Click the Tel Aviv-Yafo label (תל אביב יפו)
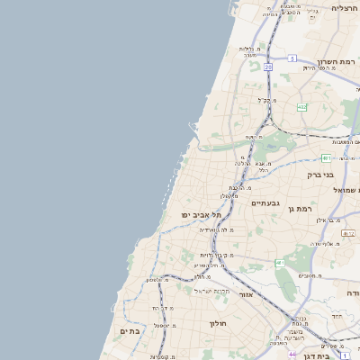tap(200, 215)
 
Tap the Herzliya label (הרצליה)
tap(344, 8)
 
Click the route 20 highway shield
tap(268, 67)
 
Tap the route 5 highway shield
tap(292, 58)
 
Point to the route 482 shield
tap(301, 107)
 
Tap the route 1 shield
tap(345, 356)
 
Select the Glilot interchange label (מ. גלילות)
tap(249, 50)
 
